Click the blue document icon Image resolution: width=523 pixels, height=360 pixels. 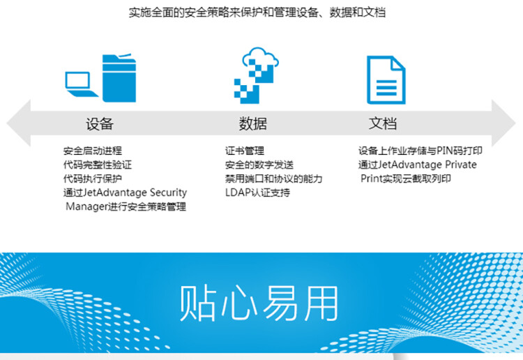(x=386, y=80)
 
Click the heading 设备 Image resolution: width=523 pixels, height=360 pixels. (x=100, y=124)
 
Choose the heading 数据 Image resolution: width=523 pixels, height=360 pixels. (x=252, y=124)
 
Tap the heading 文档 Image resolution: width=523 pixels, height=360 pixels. (x=383, y=124)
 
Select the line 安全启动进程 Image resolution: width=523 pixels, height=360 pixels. (x=92, y=151)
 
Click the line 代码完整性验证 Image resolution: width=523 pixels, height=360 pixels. (x=97, y=165)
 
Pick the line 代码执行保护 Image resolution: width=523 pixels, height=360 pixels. (x=92, y=179)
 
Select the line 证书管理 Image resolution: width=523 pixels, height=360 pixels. (x=244, y=151)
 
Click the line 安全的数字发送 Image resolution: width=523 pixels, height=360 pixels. (x=259, y=165)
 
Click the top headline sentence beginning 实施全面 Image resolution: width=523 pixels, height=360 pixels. (x=257, y=13)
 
